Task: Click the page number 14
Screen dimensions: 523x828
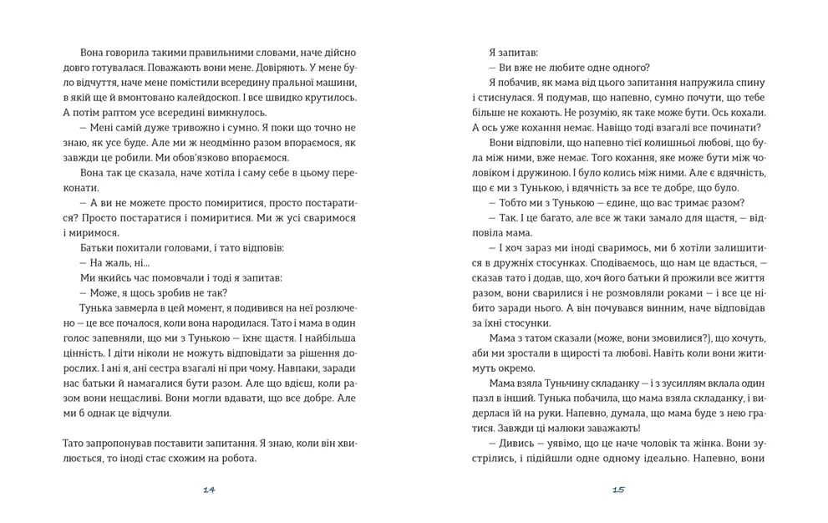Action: pos(209,490)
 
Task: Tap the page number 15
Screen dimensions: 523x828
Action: pos(618,490)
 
